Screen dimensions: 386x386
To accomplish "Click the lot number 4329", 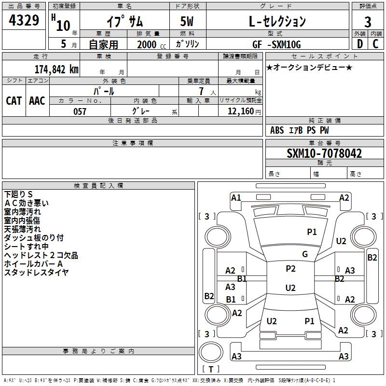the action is click(25, 22).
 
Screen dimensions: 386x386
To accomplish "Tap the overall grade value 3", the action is click(368, 22).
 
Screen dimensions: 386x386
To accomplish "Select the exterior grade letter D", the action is click(359, 44).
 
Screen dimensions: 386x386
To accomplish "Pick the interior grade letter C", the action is click(375, 44).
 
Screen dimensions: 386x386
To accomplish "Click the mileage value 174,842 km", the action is click(56, 69).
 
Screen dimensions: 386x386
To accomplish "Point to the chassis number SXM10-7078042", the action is click(324, 154).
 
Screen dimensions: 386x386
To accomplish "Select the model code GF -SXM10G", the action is click(276, 44).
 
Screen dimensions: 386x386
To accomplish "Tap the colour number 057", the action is click(80, 111).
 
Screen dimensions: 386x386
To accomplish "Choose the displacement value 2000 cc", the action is click(149, 44).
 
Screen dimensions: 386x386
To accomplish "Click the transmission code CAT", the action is click(14, 100).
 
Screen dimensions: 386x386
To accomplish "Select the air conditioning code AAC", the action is click(37, 100).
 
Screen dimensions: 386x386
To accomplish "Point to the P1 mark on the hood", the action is click(312, 232).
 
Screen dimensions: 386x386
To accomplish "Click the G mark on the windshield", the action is click(305, 254).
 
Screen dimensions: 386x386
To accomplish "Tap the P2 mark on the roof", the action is click(290, 269).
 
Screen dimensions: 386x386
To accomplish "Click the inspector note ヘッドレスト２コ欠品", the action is click(41, 255).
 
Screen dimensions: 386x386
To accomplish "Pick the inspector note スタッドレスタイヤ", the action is click(36, 273).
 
